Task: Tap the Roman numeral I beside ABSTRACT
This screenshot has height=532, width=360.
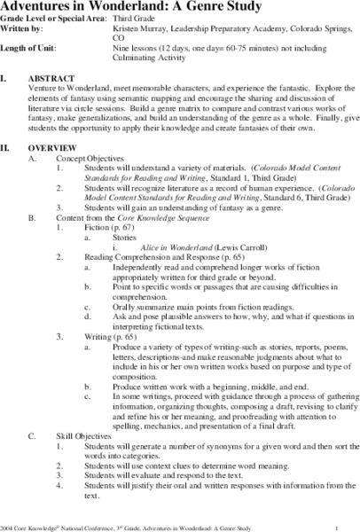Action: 5,86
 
